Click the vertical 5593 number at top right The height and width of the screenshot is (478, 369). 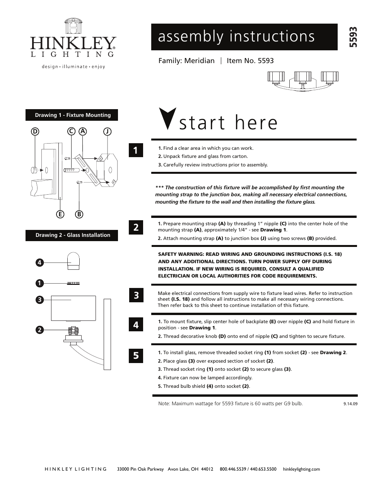(353, 37)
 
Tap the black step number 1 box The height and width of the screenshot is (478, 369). (136, 150)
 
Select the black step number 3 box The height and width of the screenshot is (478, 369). (136, 296)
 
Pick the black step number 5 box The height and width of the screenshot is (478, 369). (136, 355)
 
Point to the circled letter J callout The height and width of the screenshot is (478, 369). (107, 131)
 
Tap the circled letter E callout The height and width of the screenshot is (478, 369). (60, 214)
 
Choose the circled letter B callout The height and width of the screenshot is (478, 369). (79, 214)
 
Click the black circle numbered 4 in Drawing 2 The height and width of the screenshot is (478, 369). (39, 262)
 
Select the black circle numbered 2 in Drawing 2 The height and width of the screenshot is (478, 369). (39, 330)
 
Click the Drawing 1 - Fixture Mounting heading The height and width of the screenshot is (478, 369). (72, 115)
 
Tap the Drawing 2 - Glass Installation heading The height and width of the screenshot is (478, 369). (72, 235)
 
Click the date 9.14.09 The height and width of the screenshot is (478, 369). (350, 403)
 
